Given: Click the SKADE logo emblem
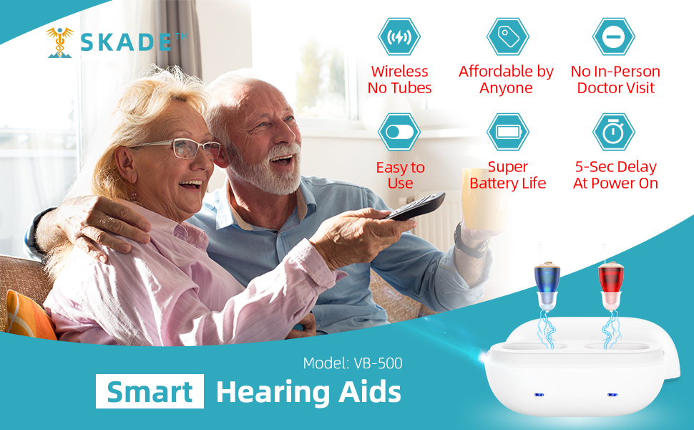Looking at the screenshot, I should (60, 42).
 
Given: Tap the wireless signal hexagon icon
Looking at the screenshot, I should (399, 37).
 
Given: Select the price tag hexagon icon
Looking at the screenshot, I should (507, 37).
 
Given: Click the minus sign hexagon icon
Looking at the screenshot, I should (614, 37).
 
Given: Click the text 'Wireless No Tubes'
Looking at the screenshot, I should (399, 80).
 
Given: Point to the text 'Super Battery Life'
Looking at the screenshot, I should (507, 175).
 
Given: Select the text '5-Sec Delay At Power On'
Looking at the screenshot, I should (615, 175).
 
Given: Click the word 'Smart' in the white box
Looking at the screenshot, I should (150, 392).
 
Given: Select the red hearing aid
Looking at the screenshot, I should (610, 281).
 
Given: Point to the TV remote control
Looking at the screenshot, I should (416, 207).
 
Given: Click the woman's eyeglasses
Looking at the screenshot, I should (179, 148).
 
